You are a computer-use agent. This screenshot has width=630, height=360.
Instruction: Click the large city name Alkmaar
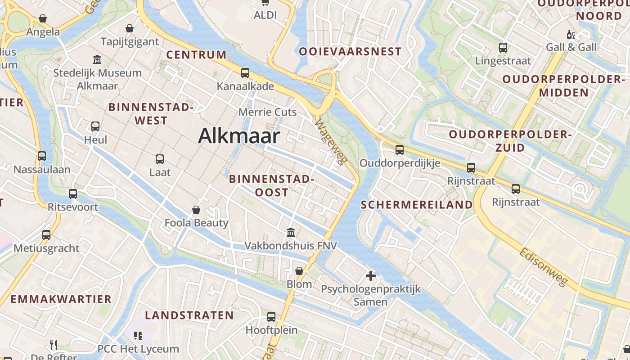(239, 135)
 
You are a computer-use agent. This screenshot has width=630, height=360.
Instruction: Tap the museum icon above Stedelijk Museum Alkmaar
(97, 59)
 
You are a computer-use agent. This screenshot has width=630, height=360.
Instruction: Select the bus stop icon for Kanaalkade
(245, 73)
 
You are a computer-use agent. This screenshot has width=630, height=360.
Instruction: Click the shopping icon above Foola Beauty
(196, 210)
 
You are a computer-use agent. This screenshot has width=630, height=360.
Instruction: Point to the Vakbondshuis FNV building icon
(291, 233)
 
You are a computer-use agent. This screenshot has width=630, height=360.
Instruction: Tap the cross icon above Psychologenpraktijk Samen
(371, 275)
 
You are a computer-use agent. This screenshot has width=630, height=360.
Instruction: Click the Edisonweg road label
(544, 267)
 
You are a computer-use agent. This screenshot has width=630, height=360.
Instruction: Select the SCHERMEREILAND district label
(417, 205)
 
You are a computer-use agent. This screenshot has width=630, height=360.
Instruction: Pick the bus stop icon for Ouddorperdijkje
(400, 150)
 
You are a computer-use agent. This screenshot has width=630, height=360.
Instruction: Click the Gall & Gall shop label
(571, 47)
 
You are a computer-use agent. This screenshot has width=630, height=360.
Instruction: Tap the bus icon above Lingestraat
(503, 47)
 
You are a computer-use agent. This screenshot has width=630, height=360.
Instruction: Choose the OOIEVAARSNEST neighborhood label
(350, 51)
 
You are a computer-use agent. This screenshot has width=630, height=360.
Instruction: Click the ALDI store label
(265, 15)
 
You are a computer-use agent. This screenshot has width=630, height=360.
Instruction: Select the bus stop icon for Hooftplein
(271, 317)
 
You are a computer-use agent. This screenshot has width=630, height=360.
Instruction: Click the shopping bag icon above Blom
(299, 271)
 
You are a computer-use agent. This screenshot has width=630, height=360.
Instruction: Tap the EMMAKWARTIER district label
(61, 299)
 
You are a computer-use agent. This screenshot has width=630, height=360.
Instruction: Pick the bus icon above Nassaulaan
(42, 156)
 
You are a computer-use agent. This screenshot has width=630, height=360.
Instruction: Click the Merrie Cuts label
(268, 112)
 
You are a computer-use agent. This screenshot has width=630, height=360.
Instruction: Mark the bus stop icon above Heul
(95, 126)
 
